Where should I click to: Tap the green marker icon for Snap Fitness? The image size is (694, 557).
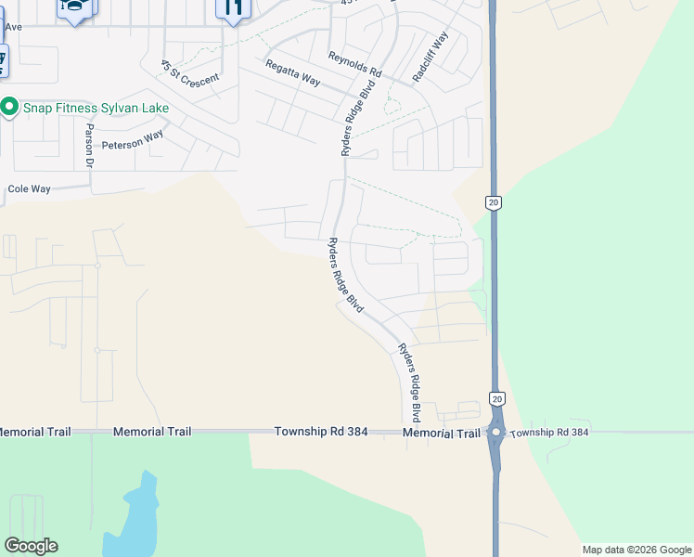[x=9, y=108]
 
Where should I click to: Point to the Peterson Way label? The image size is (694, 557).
[x=133, y=140]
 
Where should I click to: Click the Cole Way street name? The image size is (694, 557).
[x=29, y=188]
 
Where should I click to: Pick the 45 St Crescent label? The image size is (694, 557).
[x=189, y=73]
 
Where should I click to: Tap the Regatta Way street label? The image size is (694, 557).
[x=292, y=73]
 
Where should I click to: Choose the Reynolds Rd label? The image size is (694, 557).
[x=354, y=64]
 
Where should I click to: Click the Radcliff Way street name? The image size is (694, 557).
[x=431, y=58]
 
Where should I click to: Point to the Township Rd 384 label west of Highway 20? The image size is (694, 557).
[x=315, y=433]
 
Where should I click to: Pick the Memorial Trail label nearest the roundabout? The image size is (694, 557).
[x=442, y=434]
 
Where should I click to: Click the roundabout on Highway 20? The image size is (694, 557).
[x=496, y=433]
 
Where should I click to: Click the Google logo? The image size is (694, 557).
[x=31, y=546]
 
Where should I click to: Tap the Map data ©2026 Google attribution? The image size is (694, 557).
[x=636, y=550]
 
